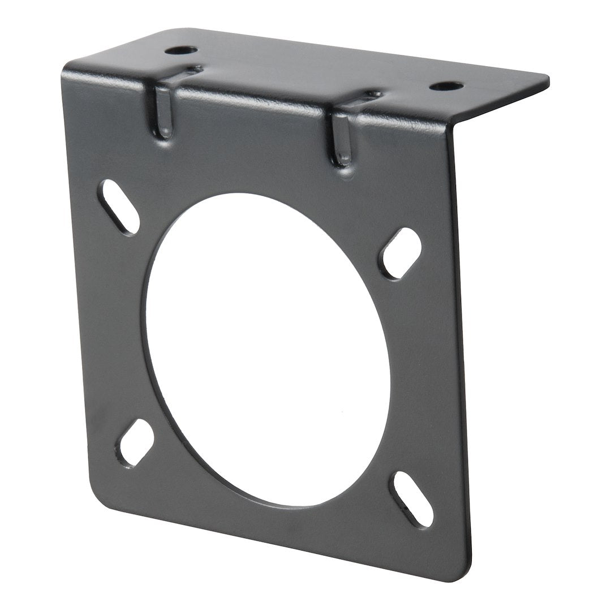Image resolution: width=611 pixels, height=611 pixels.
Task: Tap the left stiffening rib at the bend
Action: (x=162, y=111)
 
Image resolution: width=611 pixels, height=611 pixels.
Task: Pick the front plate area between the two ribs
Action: (x=249, y=136)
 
